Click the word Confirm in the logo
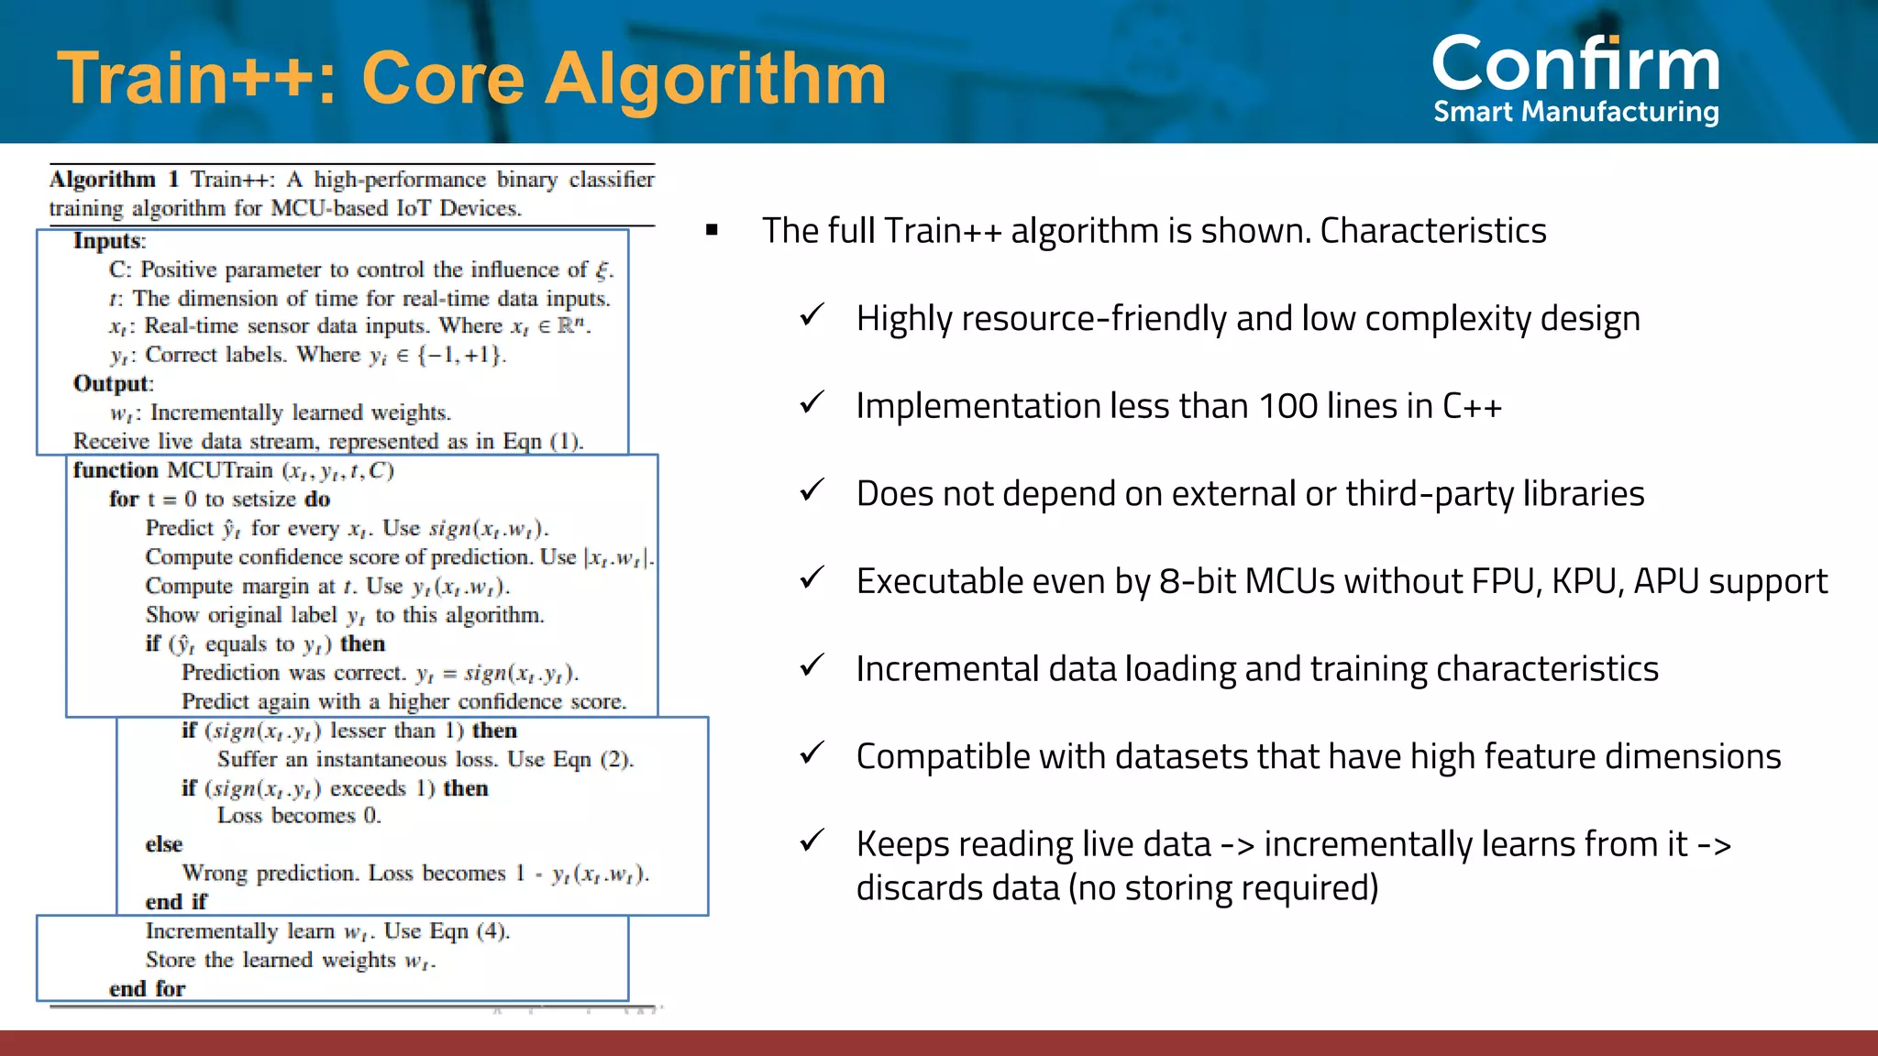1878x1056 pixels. coord(1575,64)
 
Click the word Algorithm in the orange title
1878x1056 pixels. coord(715,79)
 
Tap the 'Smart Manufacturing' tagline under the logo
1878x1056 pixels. coord(1575,112)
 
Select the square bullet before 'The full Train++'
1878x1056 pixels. coord(712,230)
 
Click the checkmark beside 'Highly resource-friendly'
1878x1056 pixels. coord(812,315)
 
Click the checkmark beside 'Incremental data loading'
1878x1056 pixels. coord(812,665)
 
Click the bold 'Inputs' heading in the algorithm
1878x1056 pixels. coord(108,241)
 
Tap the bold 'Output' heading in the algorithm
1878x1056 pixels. coord(111,383)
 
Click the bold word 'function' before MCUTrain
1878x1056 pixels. coord(116,470)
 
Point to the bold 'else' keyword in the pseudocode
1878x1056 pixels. coord(163,844)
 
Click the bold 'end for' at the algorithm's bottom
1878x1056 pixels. coord(147,989)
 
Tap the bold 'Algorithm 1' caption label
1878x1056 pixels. coord(114,179)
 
